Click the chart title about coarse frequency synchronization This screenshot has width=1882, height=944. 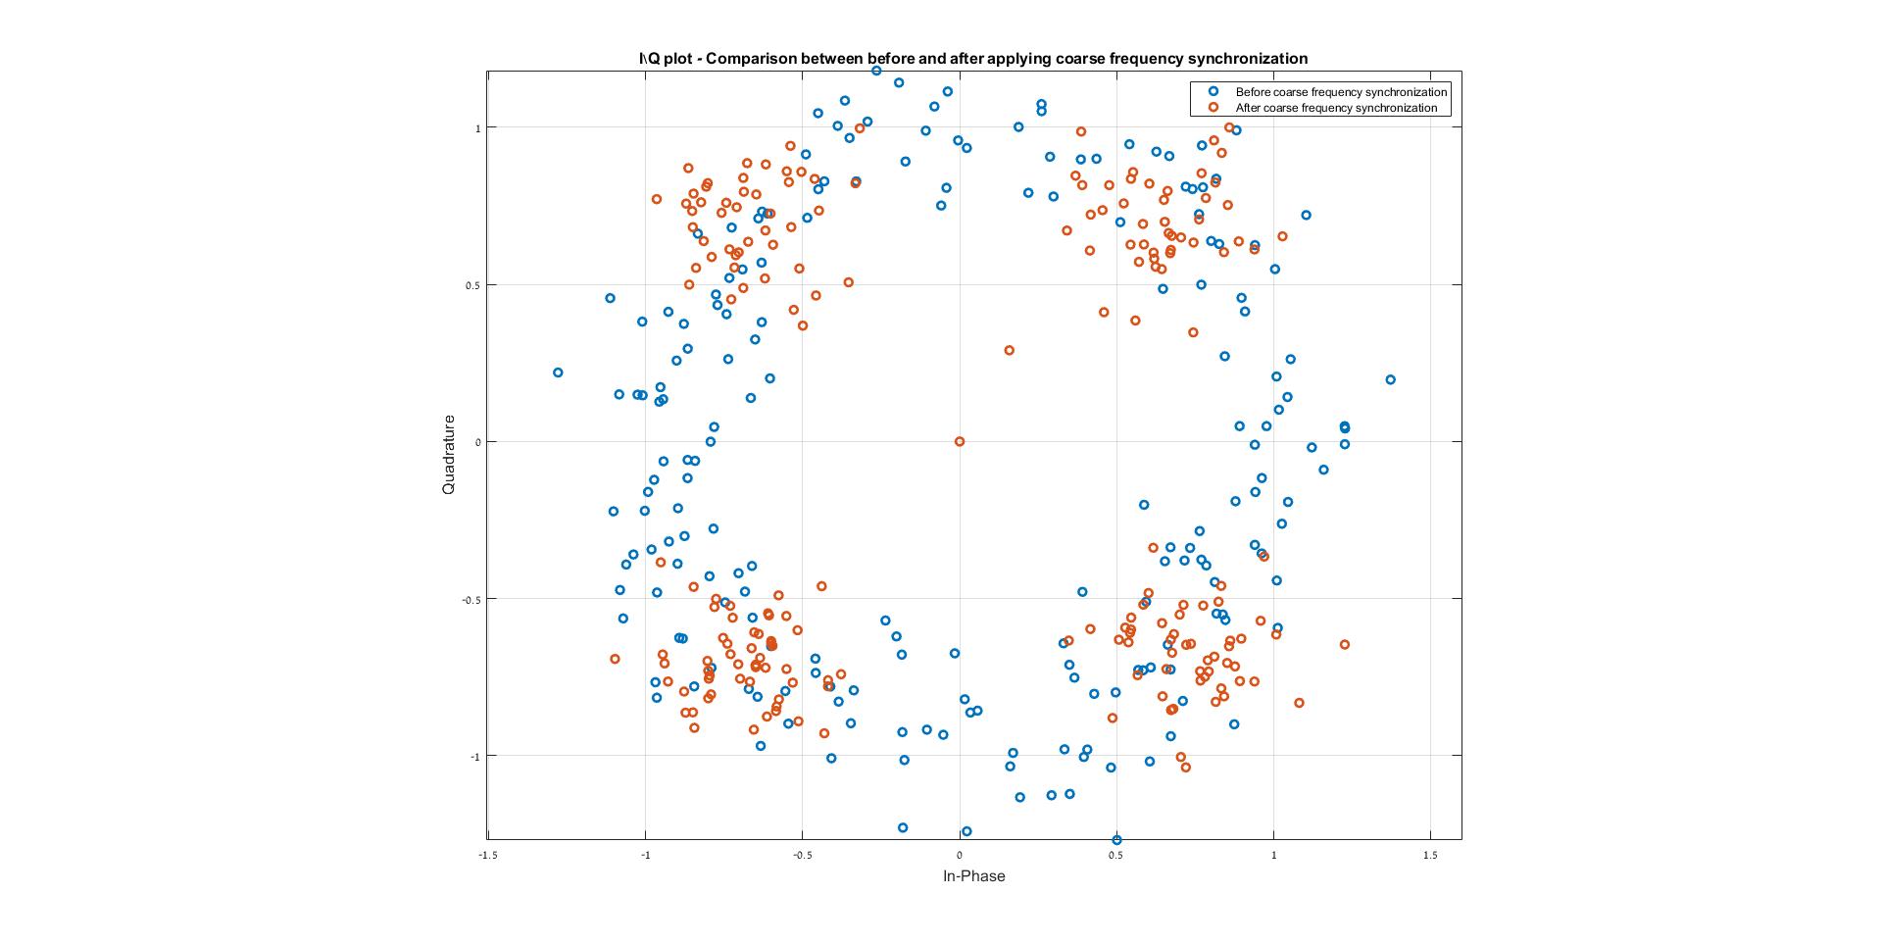[x=972, y=59]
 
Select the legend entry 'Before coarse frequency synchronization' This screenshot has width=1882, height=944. [x=1341, y=92]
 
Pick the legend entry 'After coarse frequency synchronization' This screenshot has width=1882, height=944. [x=1336, y=108]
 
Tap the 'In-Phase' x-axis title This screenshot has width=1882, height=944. [x=973, y=876]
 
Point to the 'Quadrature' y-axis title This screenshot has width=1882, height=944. [x=449, y=454]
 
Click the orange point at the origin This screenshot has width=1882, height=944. [x=960, y=442]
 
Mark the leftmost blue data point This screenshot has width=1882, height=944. [x=558, y=373]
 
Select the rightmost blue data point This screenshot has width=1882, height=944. [x=1390, y=379]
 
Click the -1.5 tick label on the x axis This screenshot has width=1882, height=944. [x=487, y=855]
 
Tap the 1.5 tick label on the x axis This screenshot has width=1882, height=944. [x=1430, y=855]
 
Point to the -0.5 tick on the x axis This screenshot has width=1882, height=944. [x=801, y=855]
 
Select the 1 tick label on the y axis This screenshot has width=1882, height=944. [x=478, y=128]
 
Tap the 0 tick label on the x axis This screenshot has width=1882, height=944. [x=960, y=855]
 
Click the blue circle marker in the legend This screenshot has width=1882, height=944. [x=1213, y=92]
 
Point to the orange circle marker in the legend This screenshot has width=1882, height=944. [x=1213, y=108]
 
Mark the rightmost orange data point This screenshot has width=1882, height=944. [x=1344, y=644]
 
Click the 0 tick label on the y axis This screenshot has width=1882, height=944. [x=478, y=442]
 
